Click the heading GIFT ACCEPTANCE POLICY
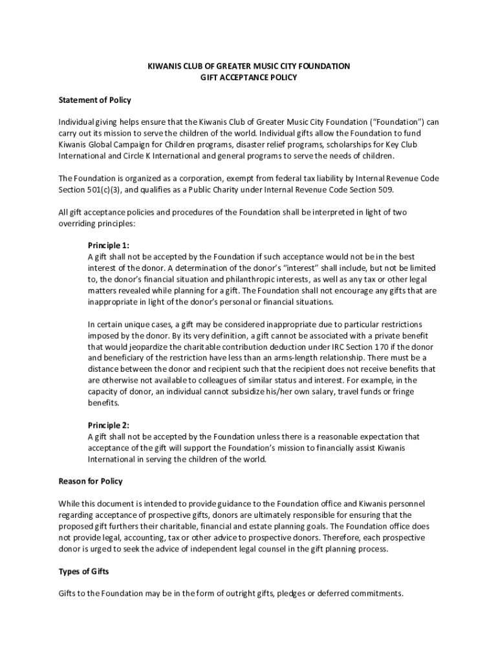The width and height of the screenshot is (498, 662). (x=249, y=78)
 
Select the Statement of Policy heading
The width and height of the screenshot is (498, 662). (x=95, y=100)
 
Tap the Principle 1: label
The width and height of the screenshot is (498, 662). (x=109, y=246)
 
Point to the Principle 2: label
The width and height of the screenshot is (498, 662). (x=109, y=425)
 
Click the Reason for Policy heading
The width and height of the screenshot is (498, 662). (x=91, y=482)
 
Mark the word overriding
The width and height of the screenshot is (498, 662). (x=78, y=223)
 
